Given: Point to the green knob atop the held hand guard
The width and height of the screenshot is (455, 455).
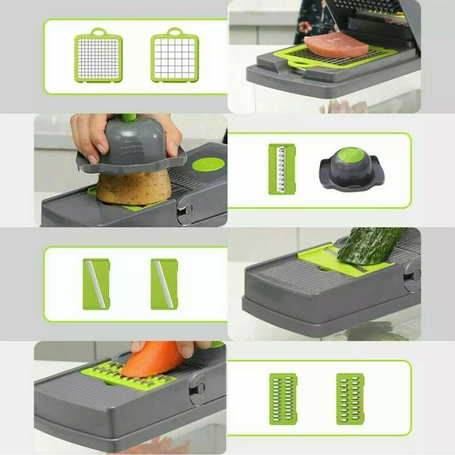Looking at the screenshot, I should click(127, 118).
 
